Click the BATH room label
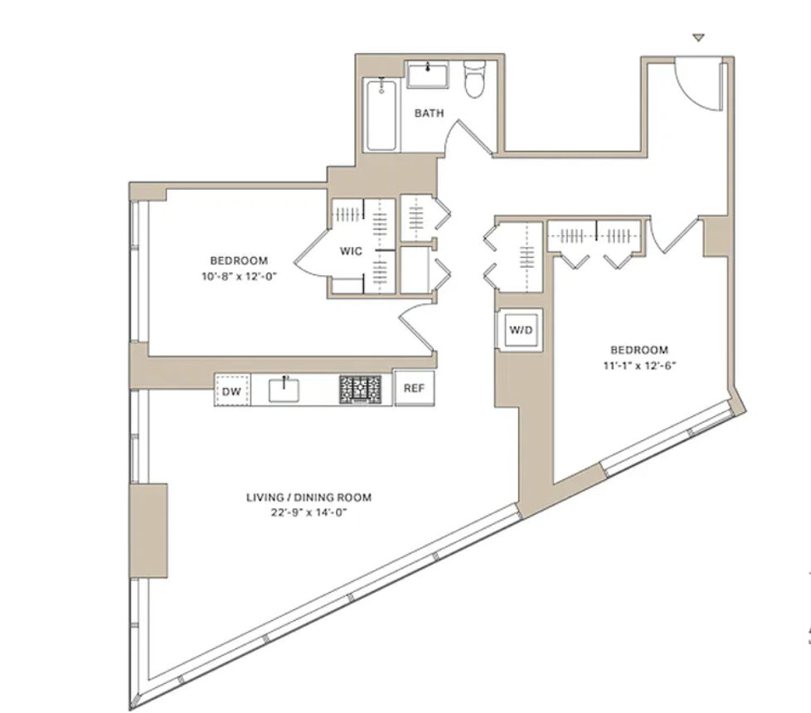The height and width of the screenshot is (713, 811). point(430,113)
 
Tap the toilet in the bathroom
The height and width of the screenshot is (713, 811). point(474,79)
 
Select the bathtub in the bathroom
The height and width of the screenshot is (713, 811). point(381,115)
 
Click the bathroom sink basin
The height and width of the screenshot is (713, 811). point(427,75)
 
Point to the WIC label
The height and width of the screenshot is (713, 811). point(352,251)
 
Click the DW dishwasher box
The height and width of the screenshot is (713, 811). point(232,390)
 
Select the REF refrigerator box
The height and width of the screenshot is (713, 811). point(415,388)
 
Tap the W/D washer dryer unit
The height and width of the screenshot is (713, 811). point(521,330)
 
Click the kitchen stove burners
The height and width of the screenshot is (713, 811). point(361,390)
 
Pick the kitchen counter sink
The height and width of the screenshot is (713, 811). point(284,390)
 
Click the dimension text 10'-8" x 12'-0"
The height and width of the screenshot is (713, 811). point(240,276)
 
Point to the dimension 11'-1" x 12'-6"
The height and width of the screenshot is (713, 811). point(640,366)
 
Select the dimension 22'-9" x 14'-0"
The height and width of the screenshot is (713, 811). point(308,512)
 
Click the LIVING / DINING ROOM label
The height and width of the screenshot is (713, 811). point(308,497)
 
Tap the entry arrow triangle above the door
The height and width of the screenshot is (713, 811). point(699,38)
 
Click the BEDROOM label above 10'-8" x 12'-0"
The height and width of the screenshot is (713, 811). point(239,260)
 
